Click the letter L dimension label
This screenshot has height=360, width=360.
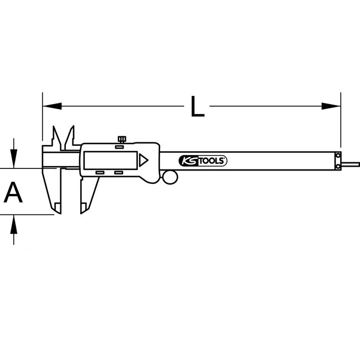coord(196,105)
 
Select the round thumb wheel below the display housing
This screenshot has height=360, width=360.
coord(171,177)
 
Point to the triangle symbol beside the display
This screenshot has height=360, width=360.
coord(144,161)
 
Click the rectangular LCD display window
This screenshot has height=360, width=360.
coord(111,160)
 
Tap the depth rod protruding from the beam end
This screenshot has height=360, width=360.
coord(350,163)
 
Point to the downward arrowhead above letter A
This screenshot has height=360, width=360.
coord(13,160)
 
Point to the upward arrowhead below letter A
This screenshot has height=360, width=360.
coord(13,222)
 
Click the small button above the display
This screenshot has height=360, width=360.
coord(120,147)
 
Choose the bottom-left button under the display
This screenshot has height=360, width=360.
coord(100,173)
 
